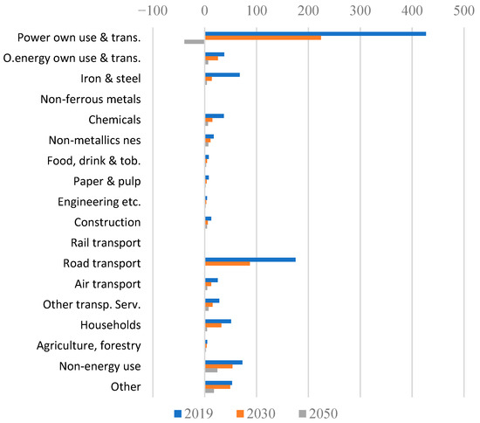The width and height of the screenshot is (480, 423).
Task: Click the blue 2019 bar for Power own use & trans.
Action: (x=314, y=33)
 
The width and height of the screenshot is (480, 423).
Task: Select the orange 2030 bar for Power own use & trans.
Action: (x=262, y=38)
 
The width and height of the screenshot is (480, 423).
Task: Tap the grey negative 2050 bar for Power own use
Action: (x=194, y=42)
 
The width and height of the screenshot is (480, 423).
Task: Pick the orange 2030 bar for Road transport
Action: (x=227, y=263)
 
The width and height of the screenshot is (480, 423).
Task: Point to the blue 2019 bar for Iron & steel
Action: (x=222, y=74)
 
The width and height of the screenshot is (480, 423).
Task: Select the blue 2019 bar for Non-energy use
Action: (x=223, y=362)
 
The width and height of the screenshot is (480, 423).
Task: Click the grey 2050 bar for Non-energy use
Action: (x=210, y=370)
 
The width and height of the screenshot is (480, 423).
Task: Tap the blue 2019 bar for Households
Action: (x=217, y=321)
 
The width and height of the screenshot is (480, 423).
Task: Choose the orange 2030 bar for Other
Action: (x=217, y=386)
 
